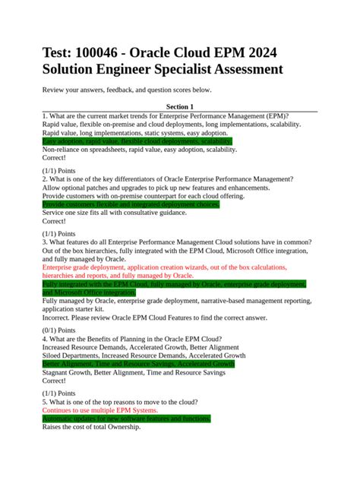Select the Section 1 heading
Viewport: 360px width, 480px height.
point(179,107)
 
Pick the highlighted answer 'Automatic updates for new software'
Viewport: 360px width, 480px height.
point(126,418)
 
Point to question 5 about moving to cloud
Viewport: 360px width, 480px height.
point(122,401)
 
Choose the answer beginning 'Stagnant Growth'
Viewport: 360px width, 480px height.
point(133,374)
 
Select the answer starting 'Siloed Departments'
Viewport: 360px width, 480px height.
point(144,355)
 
